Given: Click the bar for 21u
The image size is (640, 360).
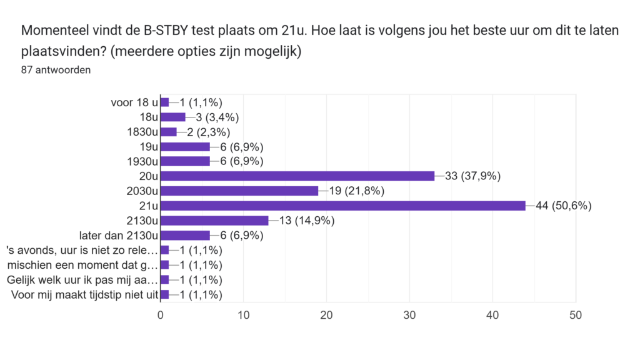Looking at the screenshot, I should pos(343,206).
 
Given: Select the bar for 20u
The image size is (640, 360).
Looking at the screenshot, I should pos(297,176).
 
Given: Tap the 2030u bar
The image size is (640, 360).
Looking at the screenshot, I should pos(239,191).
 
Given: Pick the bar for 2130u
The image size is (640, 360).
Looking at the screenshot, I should pos(214,221).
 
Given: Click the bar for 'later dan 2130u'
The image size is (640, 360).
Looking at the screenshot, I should pos(185,235).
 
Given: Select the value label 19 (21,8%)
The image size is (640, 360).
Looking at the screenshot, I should pos(356,191).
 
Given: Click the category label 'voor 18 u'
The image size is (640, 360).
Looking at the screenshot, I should pos(134,102).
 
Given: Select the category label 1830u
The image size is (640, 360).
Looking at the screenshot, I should pos(142,132).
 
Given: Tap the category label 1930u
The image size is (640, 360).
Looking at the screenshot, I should pos(142,161).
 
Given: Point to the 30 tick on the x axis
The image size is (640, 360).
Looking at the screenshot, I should pos(409,316).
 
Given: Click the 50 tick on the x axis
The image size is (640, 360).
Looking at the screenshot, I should pos(575,316).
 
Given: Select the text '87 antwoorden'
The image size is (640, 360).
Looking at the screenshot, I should pos(56,70).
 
